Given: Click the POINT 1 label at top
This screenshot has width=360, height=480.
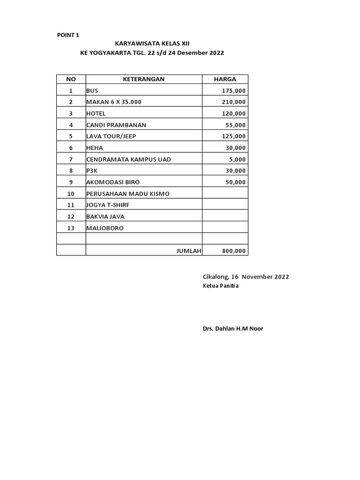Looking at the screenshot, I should pyautogui.click(x=68, y=35).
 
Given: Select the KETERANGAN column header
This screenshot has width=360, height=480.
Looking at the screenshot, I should pyautogui.click(x=143, y=79).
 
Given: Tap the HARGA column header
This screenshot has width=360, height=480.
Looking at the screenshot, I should pyautogui.click(x=225, y=79).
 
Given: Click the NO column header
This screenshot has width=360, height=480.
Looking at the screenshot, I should pyautogui.click(x=71, y=79).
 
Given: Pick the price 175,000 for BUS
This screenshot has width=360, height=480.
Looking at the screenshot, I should pyautogui.click(x=233, y=91).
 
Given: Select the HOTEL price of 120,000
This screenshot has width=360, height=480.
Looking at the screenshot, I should pyautogui.click(x=233, y=113).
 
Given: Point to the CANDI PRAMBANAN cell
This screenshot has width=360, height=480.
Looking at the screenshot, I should pyautogui.click(x=116, y=125).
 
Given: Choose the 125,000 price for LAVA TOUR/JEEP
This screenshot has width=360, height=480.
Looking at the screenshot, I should pyautogui.click(x=233, y=136).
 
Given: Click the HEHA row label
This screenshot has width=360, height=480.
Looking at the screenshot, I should pyautogui.click(x=94, y=148).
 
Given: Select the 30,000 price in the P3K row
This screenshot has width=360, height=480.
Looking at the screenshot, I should pyautogui.click(x=235, y=171).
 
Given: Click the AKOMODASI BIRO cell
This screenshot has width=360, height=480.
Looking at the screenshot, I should pyautogui.click(x=113, y=182).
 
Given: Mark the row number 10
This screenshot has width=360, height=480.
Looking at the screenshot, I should pyautogui.click(x=71, y=194).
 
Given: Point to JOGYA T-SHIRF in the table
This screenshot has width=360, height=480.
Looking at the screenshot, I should pyautogui.click(x=107, y=205).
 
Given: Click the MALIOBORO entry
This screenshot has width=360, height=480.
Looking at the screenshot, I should pyautogui.click(x=105, y=228).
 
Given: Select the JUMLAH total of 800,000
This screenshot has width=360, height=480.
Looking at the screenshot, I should pyautogui.click(x=233, y=251).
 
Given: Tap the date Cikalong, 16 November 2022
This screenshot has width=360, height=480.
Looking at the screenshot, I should pyautogui.click(x=246, y=277).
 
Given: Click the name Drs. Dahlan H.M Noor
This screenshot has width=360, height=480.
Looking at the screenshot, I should pyautogui.click(x=232, y=329).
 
